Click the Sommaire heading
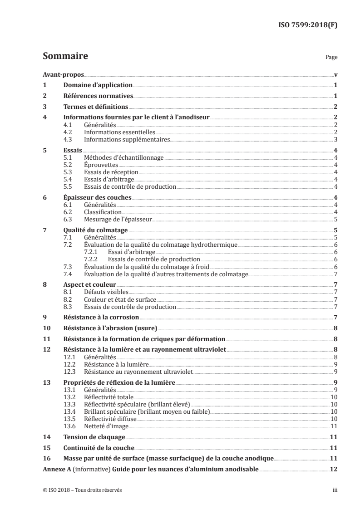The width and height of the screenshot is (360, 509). (x=65, y=57)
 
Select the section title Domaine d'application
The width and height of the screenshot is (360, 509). (x=98, y=85)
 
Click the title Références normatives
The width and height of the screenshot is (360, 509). (x=98, y=96)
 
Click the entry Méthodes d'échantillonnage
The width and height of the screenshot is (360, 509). (x=123, y=157)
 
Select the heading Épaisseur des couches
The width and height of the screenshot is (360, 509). (x=97, y=197)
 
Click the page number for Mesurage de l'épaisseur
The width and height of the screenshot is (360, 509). (x=335, y=219)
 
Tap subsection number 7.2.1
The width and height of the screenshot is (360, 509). (x=92, y=252)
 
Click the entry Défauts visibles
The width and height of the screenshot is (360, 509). (x=106, y=292)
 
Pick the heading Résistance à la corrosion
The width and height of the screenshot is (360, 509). (x=101, y=318)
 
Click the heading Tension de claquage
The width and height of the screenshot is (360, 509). (x=87, y=437)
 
